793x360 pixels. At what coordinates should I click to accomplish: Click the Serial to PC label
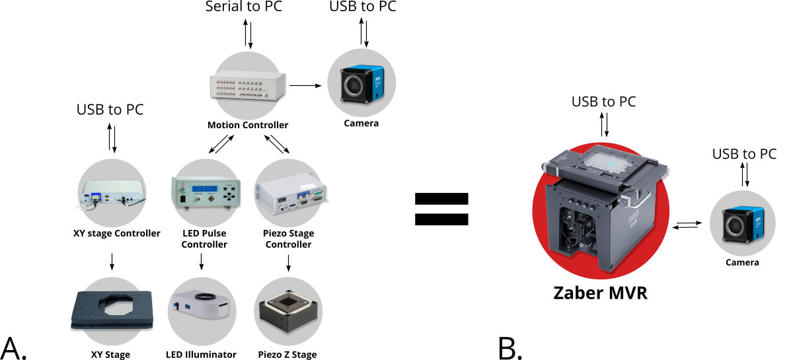(x=244, y=7)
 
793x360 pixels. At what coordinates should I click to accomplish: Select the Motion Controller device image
(x=247, y=87)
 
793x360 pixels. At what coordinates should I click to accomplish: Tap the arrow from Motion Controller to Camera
(x=305, y=85)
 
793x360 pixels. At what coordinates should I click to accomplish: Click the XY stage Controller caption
(x=116, y=233)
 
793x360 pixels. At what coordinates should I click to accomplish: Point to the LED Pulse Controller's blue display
(x=205, y=188)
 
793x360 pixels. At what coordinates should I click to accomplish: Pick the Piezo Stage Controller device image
(x=291, y=194)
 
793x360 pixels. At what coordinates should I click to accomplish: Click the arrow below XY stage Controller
(x=112, y=262)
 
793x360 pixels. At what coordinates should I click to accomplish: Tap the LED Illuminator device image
(x=202, y=305)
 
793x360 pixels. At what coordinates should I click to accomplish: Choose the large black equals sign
(x=441, y=209)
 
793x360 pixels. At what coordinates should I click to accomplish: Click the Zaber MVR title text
(x=601, y=293)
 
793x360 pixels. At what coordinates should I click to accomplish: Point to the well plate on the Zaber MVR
(x=607, y=162)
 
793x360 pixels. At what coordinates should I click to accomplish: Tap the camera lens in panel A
(x=354, y=85)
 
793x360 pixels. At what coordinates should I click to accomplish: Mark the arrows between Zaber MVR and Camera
(x=687, y=225)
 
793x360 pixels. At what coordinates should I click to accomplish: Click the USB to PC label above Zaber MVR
(x=603, y=102)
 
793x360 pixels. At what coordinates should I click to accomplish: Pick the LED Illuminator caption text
(x=201, y=354)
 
